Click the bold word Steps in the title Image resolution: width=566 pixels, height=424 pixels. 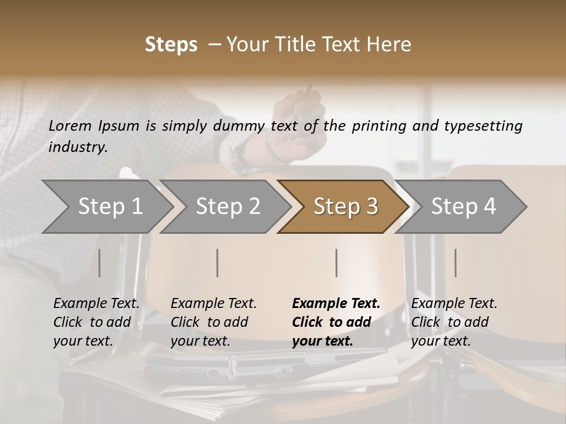(171, 45)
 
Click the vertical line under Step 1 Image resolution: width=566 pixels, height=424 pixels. (100, 263)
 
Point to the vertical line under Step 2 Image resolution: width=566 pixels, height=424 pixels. (218, 263)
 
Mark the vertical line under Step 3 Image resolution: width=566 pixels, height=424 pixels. (336, 263)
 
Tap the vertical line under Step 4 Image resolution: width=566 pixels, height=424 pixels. (455, 263)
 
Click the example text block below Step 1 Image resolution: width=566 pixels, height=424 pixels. (96, 322)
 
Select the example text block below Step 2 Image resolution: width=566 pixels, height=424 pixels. (213, 322)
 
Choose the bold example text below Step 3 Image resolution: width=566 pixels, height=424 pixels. (336, 322)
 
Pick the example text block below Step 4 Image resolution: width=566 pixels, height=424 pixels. (454, 322)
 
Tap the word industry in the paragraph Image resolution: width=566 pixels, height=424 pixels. (78, 147)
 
